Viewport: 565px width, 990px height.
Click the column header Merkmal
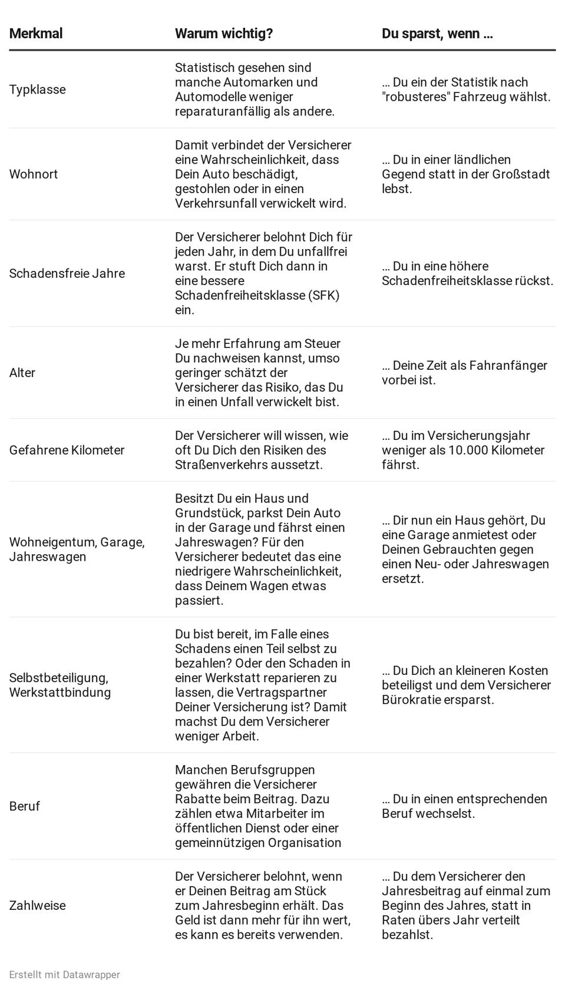pos(36,34)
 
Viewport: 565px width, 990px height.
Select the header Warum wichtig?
pos(224,34)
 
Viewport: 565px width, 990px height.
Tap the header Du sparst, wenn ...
pos(437,34)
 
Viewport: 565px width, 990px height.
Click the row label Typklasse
pos(38,90)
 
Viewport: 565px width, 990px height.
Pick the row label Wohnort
pos(34,174)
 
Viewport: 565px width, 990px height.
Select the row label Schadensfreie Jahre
pos(67,273)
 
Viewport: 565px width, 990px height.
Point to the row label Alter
pos(22,373)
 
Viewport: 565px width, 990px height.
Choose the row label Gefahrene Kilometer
pos(67,450)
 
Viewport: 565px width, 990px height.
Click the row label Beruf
pos(25,806)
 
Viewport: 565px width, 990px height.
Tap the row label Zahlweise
pos(38,905)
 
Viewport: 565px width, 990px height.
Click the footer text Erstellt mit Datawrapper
pos(65,975)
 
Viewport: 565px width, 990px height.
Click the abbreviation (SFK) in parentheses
pos(323,295)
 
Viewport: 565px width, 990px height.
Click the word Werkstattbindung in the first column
pos(60,693)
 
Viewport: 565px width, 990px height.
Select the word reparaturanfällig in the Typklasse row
pos(223,111)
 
